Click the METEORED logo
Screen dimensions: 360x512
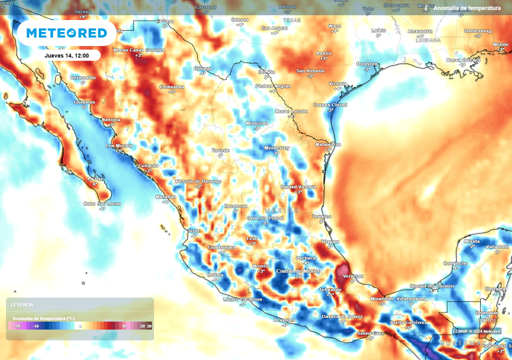click(x=66, y=33)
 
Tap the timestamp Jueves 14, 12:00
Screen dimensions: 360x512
click(x=66, y=55)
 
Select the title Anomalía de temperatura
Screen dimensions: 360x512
click(x=467, y=8)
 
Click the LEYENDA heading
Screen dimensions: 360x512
click(x=22, y=304)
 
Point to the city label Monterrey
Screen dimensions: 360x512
click(x=277, y=148)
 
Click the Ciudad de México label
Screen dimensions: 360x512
click(x=298, y=271)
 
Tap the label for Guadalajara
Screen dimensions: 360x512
click(x=221, y=247)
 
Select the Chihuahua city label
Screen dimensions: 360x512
click(x=171, y=86)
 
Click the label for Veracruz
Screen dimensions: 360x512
click(x=353, y=276)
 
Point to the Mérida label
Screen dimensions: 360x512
click(x=471, y=241)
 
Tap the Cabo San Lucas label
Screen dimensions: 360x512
click(x=101, y=203)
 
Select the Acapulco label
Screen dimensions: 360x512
click(x=284, y=320)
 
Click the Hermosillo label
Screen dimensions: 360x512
click(x=82, y=77)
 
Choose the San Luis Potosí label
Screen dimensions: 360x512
click(x=265, y=218)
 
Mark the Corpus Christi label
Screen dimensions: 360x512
click(x=330, y=104)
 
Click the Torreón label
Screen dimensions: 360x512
click(x=220, y=150)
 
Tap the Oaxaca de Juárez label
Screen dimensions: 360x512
click(x=342, y=316)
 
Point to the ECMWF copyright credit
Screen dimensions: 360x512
click(x=476, y=331)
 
